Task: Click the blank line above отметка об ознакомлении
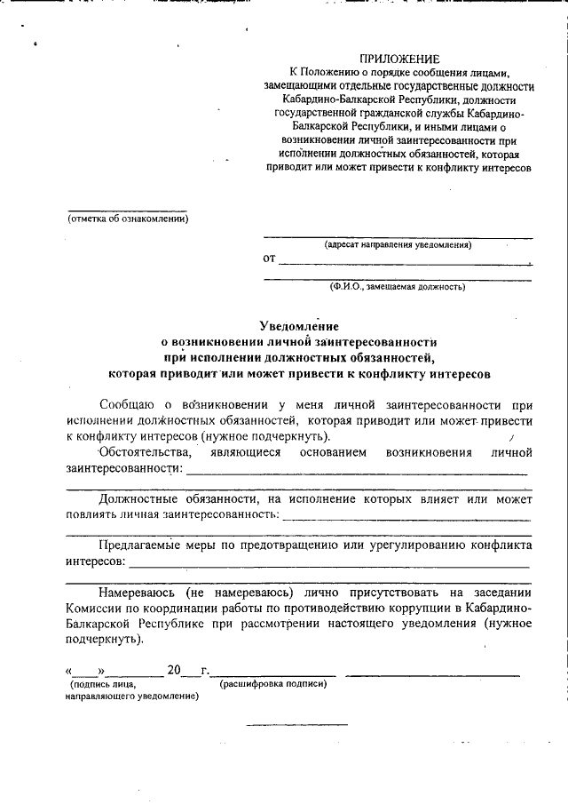(128, 211)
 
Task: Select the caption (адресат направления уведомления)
(398, 243)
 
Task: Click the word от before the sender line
(270, 259)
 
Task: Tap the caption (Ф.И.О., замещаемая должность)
(398, 287)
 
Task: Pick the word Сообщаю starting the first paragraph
(129, 404)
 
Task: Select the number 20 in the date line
(173, 670)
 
